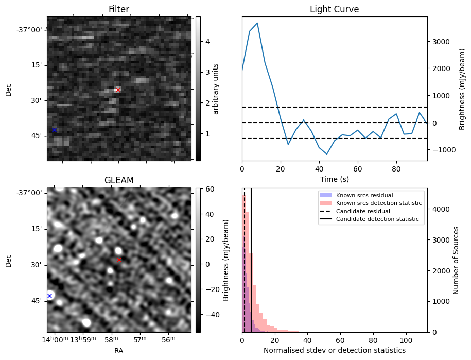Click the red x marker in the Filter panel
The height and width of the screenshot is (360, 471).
tap(118, 90)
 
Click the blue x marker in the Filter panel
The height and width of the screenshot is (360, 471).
tap(54, 130)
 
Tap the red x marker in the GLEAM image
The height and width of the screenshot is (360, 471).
tap(119, 260)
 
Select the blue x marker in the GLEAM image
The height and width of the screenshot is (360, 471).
tap(49, 296)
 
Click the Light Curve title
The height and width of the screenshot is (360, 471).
tap(334, 9)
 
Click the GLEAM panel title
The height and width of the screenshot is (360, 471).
tap(119, 180)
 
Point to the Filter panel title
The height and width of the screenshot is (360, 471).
tap(119, 9)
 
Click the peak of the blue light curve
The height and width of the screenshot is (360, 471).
tap(257, 23)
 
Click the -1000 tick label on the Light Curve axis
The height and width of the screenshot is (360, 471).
tap(442, 150)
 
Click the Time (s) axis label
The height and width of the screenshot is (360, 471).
tap(334, 178)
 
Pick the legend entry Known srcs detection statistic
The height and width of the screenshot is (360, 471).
tap(378, 203)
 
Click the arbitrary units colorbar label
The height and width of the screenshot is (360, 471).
tap(216, 89)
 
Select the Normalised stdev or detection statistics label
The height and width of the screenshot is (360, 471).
tap(334, 350)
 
